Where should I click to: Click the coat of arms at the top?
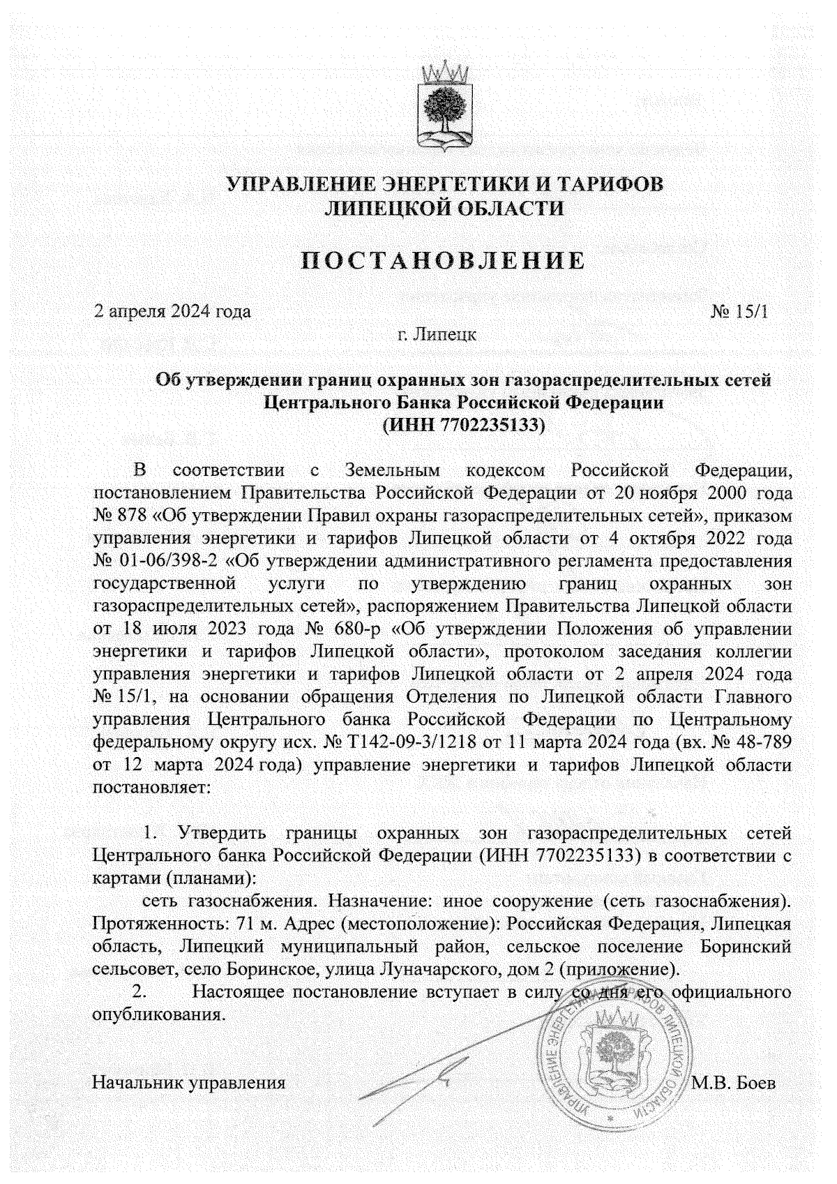[445, 107]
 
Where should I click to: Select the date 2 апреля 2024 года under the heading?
[172, 311]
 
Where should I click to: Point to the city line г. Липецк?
[437, 334]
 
